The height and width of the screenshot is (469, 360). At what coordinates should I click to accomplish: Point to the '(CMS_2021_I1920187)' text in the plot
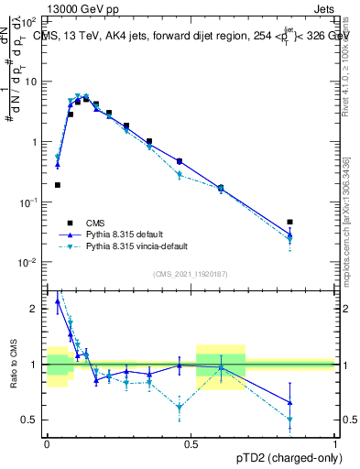(191, 273)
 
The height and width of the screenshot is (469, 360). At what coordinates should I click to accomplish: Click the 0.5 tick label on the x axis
(191, 442)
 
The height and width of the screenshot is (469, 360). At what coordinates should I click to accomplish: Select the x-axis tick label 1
(335, 442)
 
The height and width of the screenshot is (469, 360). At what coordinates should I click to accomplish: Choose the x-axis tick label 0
(47, 442)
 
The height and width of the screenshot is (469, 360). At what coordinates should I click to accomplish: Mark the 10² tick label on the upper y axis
(29, 21)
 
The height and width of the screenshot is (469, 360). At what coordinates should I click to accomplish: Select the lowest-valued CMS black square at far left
(58, 185)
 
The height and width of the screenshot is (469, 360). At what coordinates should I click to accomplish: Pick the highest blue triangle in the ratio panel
(58, 300)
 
